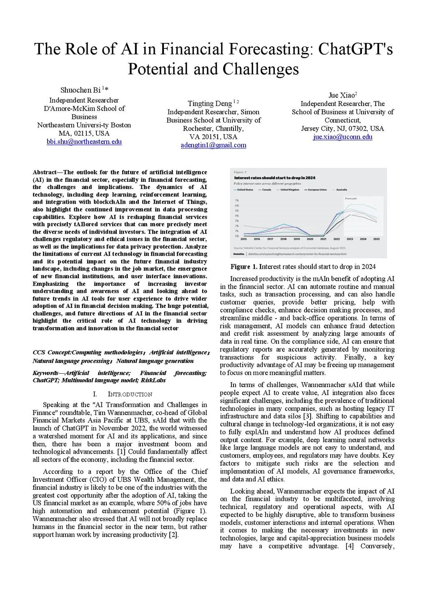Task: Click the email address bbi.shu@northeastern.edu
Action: [84, 142]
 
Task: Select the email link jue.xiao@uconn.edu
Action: [342, 137]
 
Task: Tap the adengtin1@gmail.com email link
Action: [213, 145]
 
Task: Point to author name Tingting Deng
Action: [210, 103]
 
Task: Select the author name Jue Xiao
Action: [341, 95]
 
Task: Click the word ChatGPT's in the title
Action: [355, 49]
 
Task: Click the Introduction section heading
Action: [130, 394]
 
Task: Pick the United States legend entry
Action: [245, 190]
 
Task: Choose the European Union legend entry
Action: [317, 190]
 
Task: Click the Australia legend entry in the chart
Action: [342, 190]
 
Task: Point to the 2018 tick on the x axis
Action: [283, 239]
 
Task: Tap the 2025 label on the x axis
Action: [376, 239]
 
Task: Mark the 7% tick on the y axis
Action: [237, 201]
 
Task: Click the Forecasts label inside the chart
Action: [351, 199]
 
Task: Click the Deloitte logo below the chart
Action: [239, 254]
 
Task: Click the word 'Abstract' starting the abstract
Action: [45, 172]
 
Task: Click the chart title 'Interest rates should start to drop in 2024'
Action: [274, 178]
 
